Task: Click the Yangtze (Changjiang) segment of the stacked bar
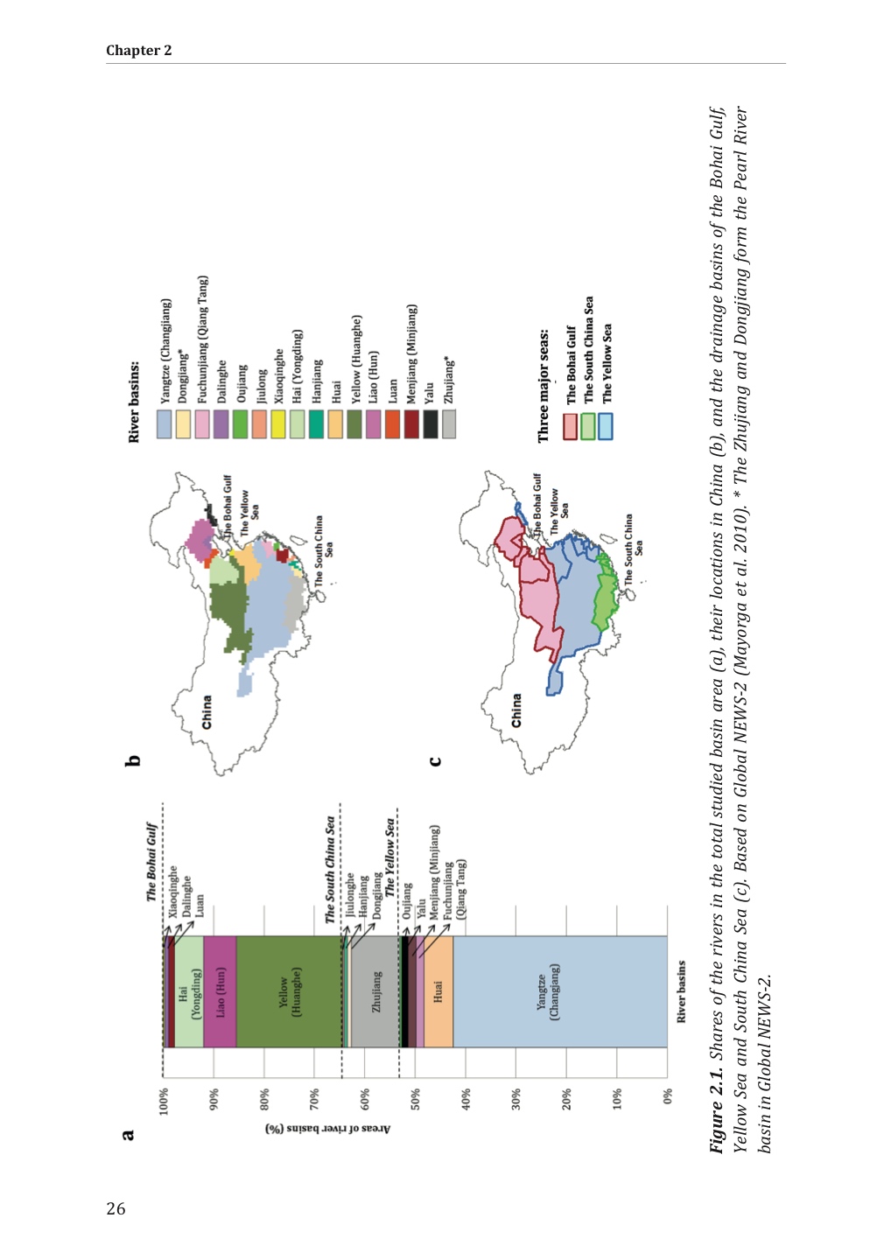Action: (x=560, y=991)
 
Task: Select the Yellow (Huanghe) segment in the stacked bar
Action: (x=289, y=991)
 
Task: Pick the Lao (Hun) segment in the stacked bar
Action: (x=220, y=991)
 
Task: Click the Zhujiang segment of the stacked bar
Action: (x=375, y=991)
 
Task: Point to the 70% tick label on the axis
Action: (x=315, y=1096)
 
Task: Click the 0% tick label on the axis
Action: (x=668, y=1096)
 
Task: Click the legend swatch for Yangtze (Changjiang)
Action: (x=165, y=424)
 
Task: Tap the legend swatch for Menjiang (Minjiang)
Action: (x=411, y=424)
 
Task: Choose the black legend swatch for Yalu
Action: (x=431, y=424)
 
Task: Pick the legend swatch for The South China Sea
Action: (x=588, y=426)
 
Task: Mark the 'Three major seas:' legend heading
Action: (x=544, y=385)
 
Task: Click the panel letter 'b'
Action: (x=133, y=760)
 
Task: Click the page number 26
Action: (x=116, y=1208)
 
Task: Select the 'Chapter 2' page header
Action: (x=139, y=51)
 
